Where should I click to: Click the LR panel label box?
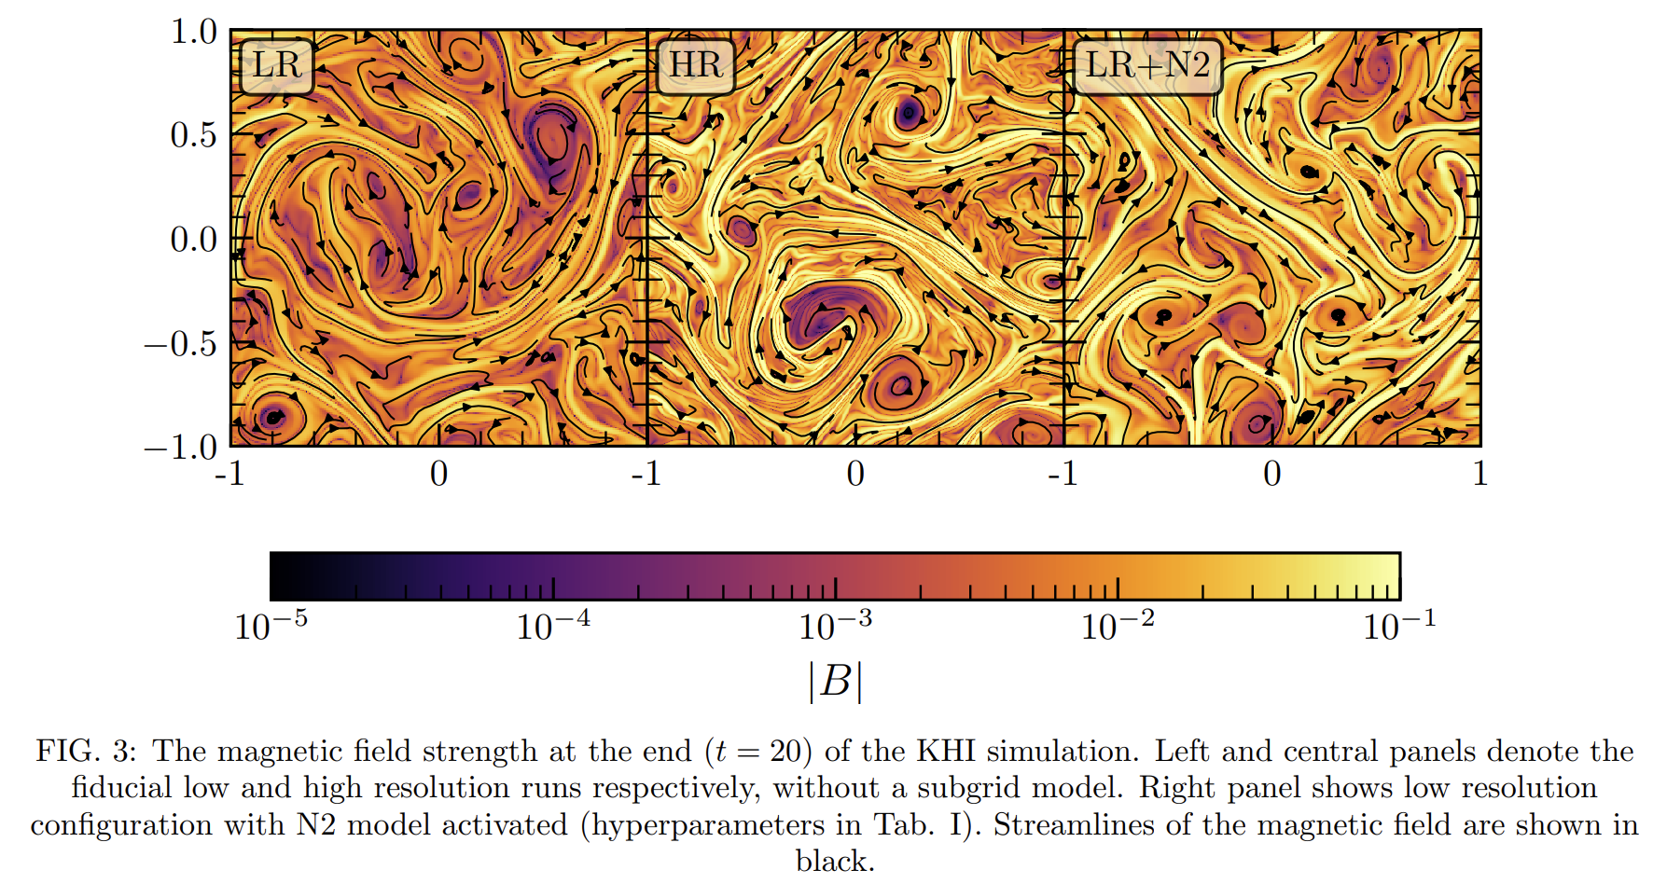(276, 65)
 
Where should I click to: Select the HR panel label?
(696, 65)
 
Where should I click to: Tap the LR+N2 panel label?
(1147, 65)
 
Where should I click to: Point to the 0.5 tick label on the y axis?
(193, 135)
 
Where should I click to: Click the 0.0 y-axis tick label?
(193, 240)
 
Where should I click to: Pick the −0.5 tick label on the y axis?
(180, 344)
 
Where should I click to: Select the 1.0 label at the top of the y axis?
(193, 32)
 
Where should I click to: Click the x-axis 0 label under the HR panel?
(855, 474)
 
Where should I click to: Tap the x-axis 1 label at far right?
(1479, 474)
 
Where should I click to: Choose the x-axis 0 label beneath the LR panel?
(438, 474)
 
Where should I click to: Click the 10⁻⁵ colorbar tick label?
(271, 624)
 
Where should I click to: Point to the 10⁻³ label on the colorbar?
(835, 624)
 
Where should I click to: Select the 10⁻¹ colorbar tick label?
(1399, 624)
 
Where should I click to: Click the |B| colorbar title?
(835, 681)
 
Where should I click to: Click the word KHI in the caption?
(946, 751)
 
